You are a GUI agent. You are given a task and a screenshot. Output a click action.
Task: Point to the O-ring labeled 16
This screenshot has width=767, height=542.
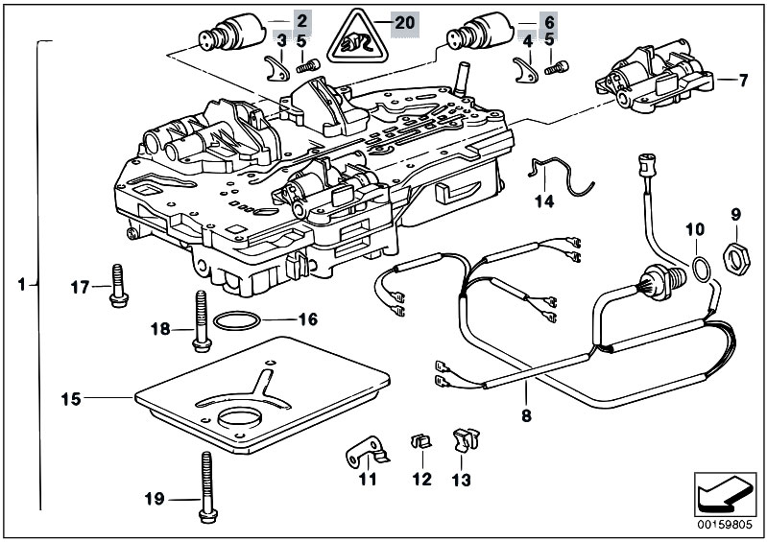[233, 319]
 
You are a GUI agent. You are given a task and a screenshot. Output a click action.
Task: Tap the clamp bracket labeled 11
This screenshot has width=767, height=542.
[363, 451]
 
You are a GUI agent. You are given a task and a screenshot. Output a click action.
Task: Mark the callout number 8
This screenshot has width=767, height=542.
[526, 417]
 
